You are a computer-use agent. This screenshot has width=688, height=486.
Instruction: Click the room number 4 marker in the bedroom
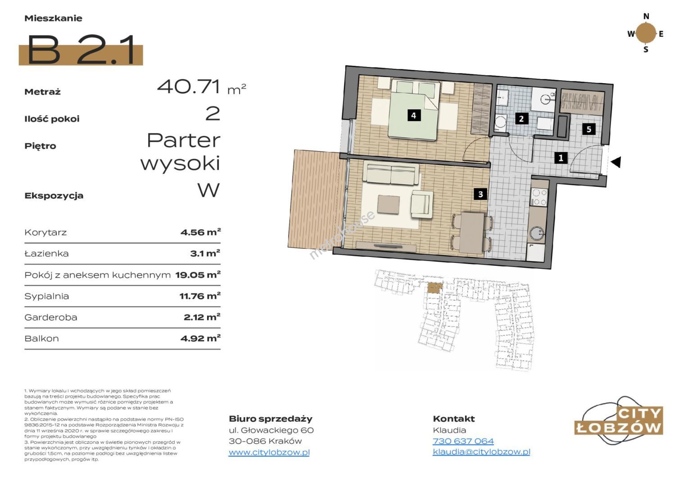[x=414, y=116]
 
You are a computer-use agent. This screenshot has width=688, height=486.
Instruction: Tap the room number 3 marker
[x=480, y=194]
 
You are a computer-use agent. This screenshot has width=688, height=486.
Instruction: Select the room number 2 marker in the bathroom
[x=521, y=118]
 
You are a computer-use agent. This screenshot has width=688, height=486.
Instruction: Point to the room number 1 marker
[x=561, y=158]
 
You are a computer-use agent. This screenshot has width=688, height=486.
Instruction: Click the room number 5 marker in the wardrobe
[x=589, y=129]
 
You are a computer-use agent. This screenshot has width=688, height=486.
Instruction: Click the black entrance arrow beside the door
[x=616, y=162]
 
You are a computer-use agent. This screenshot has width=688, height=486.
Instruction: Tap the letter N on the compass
[x=646, y=16]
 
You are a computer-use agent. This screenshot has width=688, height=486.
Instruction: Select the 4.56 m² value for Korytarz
[x=200, y=232]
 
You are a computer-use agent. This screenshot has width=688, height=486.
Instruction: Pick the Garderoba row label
[x=51, y=317]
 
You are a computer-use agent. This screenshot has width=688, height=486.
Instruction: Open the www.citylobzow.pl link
[x=269, y=452]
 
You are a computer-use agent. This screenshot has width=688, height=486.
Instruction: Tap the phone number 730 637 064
[x=463, y=441]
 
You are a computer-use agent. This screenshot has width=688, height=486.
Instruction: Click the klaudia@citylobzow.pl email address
[x=481, y=452]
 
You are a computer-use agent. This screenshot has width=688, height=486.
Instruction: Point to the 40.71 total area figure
[x=189, y=86]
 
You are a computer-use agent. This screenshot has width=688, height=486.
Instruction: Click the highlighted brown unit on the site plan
[x=435, y=288]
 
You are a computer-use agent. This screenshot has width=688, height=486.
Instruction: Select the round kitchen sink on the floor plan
[x=537, y=234]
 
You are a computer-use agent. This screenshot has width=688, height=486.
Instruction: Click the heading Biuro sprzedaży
[x=271, y=419]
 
